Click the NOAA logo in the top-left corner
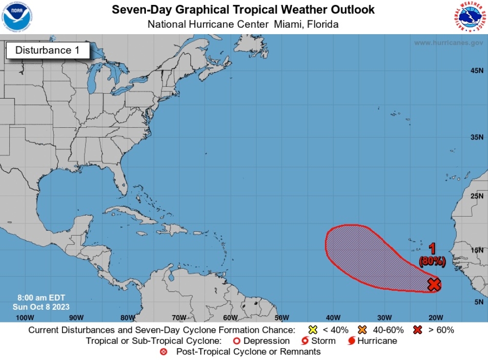click(17, 17)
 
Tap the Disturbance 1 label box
click(47, 50)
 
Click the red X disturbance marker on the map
click(434, 284)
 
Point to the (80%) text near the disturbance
click(432, 261)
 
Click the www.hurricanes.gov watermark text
click(448, 43)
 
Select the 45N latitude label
click(477, 71)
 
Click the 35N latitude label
click(477, 137)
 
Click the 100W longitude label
click(25, 318)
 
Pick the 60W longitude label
click(230, 318)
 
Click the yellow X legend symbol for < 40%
click(313, 330)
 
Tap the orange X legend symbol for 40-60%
click(362, 330)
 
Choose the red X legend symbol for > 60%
click(418, 330)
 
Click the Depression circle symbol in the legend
click(237, 341)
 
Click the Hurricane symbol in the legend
click(351, 341)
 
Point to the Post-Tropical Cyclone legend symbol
click(170, 352)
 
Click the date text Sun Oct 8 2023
click(41, 307)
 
